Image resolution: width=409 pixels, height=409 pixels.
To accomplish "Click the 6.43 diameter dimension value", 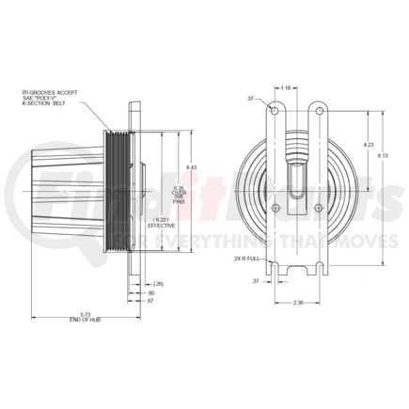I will tap(190, 167).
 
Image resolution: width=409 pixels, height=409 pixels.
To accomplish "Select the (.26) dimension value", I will tap(158, 282).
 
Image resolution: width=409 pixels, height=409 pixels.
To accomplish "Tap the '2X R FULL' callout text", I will tap(253, 256).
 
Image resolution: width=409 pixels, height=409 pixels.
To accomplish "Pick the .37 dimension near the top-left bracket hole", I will tap(251, 97).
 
